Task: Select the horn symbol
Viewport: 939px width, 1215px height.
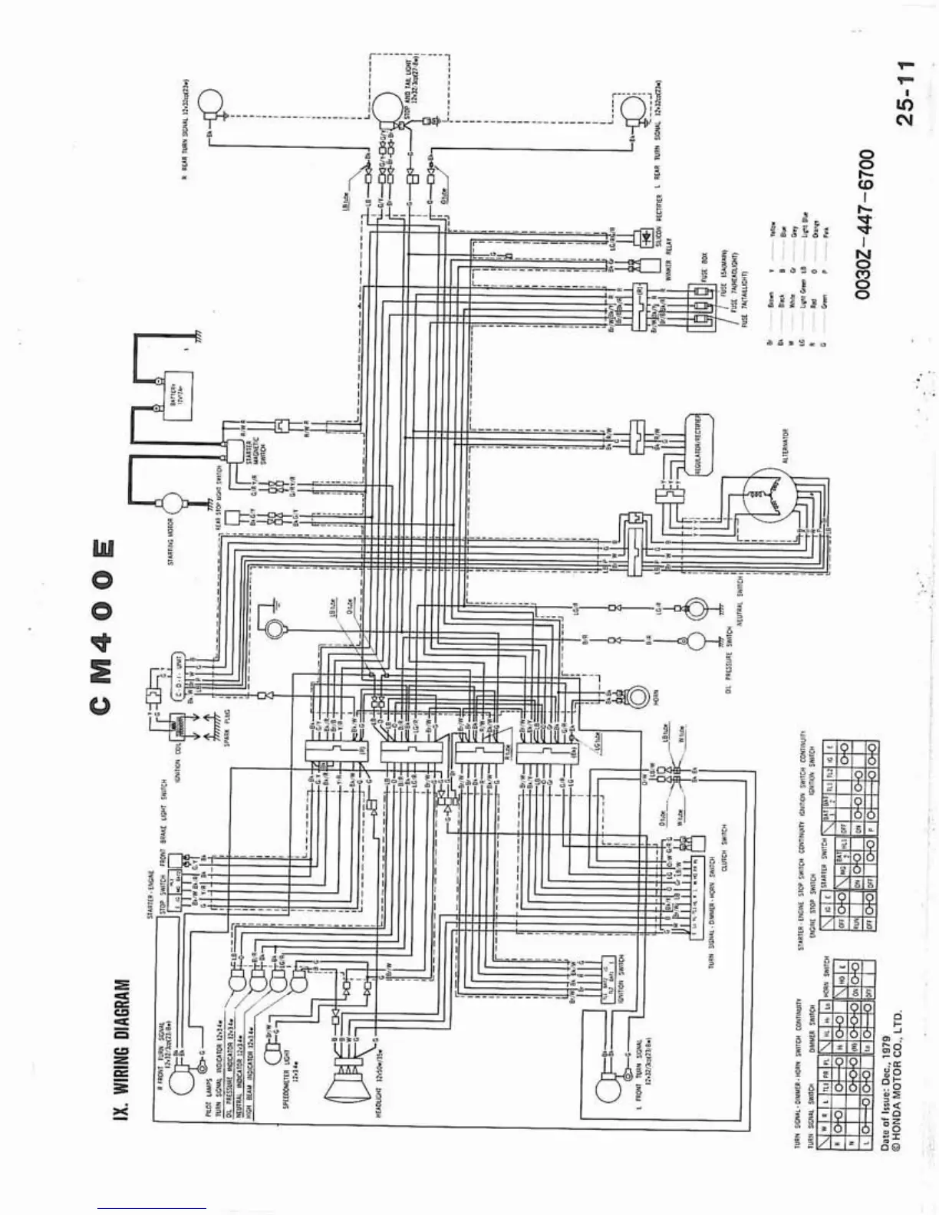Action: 636,696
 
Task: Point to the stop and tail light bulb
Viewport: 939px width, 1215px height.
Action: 388,107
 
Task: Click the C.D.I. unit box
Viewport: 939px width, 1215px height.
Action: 176,675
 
